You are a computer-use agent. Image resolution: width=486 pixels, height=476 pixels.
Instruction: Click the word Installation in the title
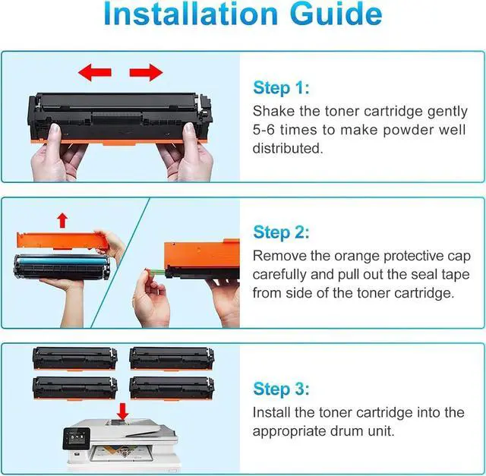click(191, 14)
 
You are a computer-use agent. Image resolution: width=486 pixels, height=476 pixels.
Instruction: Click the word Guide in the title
click(336, 14)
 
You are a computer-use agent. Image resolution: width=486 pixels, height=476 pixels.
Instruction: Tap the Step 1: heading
click(281, 88)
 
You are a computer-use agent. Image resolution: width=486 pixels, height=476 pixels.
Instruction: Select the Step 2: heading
click(281, 232)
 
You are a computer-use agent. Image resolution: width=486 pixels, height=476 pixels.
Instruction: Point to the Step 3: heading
click(281, 389)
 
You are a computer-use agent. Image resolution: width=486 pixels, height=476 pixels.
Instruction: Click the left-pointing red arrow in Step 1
click(94, 73)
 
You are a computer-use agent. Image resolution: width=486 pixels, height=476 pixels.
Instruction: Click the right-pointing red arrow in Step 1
click(146, 73)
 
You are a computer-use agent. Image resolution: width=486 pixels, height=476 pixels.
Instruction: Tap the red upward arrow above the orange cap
click(62, 220)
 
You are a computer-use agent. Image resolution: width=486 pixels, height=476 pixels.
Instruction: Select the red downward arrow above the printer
click(123, 411)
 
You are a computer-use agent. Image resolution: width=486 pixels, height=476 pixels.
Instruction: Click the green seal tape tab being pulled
click(156, 273)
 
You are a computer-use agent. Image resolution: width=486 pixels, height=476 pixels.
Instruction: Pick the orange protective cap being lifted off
click(62, 241)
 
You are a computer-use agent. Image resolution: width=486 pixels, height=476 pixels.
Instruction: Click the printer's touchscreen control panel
click(76, 438)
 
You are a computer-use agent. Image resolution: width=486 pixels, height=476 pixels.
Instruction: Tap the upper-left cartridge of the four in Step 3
click(75, 358)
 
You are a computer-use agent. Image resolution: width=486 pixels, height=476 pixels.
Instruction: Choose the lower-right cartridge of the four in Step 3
click(172, 388)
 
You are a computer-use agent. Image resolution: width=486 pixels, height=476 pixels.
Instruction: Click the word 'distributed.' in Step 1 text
click(288, 148)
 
